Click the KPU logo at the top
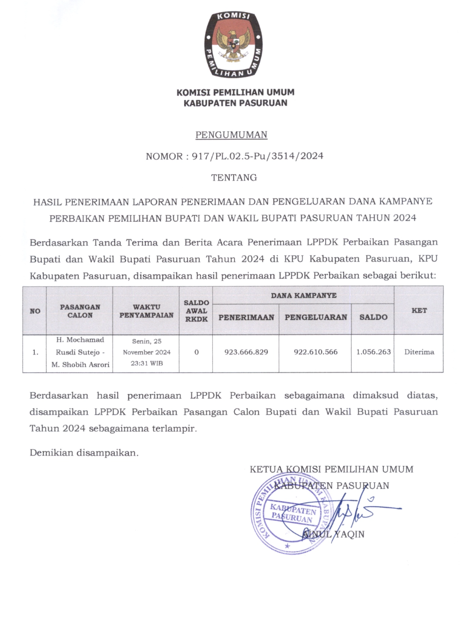(234, 45)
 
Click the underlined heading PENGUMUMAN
(231, 135)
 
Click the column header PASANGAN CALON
(80, 311)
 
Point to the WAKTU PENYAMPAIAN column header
(146, 311)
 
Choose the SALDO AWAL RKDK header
(196, 311)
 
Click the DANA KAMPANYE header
(303, 296)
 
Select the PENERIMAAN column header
(246, 317)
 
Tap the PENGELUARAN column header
(315, 317)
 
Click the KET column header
(419, 311)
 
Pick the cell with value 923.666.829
(246, 352)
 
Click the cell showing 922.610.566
(315, 352)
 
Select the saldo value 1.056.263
(373, 352)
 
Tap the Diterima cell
(419, 352)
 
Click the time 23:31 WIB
(146, 363)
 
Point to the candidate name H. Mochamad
(80, 340)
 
